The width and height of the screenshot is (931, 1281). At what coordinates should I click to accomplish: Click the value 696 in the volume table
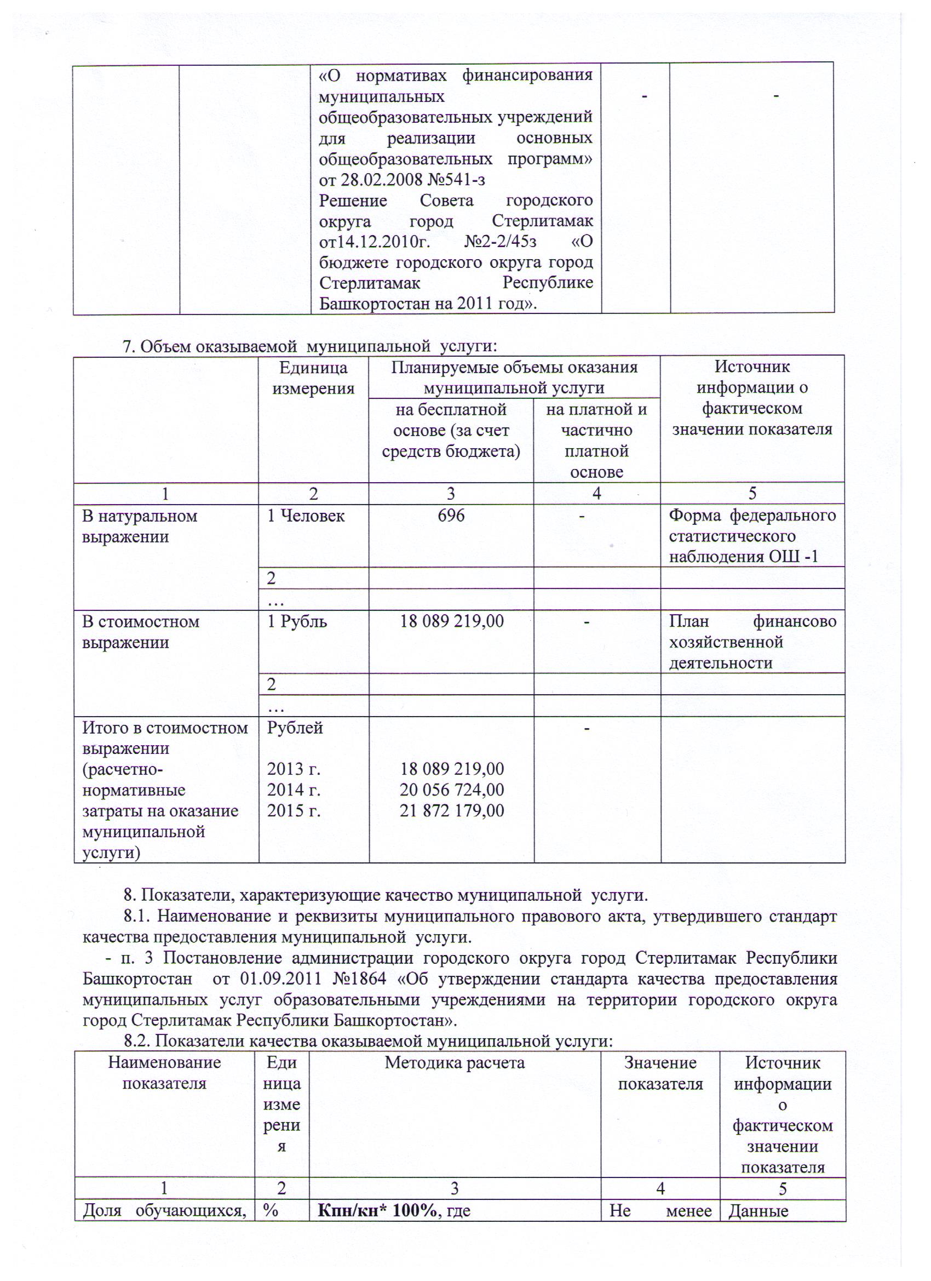point(451,515)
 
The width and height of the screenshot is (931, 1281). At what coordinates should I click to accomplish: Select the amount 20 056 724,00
point(452,790)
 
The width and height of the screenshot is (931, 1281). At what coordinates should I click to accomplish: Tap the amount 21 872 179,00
point(452,810)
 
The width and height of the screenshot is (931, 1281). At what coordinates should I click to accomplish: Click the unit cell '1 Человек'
point(306,516)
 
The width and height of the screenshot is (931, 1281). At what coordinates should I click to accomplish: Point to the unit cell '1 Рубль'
point(297,621)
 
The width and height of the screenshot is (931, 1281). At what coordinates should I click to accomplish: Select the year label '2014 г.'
point(294,790)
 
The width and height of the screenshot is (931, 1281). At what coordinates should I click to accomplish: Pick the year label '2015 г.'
point(294,810)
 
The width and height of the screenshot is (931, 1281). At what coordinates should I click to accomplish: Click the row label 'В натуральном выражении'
point(140,526)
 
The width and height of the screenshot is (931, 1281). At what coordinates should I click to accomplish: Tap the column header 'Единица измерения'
point(313,378)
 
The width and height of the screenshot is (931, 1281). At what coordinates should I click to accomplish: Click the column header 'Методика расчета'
point(455,1062)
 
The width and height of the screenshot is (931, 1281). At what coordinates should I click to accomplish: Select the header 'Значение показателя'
point(660,1073)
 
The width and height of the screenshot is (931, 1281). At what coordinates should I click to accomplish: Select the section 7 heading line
point(310,346)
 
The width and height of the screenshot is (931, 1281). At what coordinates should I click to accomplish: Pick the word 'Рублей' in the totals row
point(295,728)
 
